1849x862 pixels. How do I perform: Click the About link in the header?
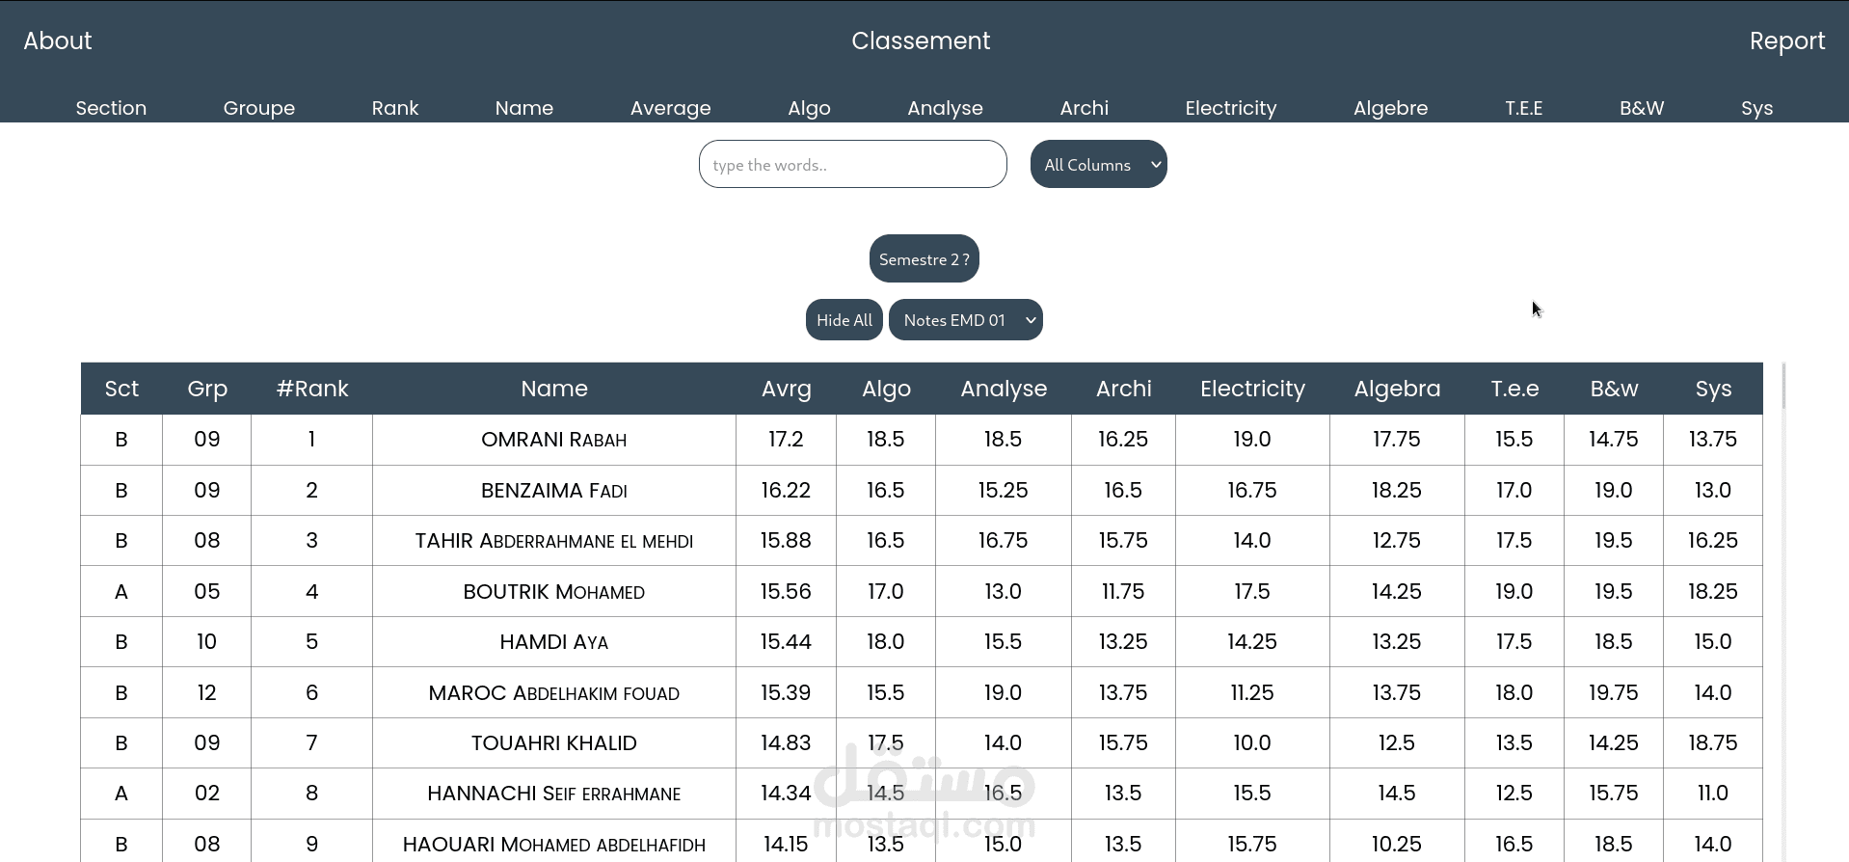pos(58,40)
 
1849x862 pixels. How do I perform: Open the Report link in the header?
pos(1786,40)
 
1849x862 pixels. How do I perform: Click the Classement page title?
pos(921,40)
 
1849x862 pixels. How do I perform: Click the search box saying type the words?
pos(852,164)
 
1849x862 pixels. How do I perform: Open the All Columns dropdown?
pos(1098,164)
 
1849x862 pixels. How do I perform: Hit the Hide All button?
pos(844,320)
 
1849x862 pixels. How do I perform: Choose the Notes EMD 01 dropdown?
pos(965,320)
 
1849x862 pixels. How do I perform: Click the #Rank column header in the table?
pos(312,389)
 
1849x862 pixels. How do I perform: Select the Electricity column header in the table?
pos(1252,389)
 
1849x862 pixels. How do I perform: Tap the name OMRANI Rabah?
pos(553,440)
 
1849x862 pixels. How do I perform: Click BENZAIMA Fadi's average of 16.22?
pos(786,490)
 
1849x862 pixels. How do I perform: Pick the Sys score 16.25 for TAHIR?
pos(1712,540)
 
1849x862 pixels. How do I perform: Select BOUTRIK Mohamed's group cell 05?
pos(207,591)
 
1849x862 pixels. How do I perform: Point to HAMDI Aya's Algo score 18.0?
pos(885,641)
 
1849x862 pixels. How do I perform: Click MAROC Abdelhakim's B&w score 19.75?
pos(1613,692)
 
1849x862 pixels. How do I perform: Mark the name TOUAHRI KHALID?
pos(553,742)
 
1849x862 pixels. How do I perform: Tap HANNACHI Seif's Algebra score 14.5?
pos(1396,793)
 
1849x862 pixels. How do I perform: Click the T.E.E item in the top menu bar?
pos(1523,108)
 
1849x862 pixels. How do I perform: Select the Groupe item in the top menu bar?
pos(259,108)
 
